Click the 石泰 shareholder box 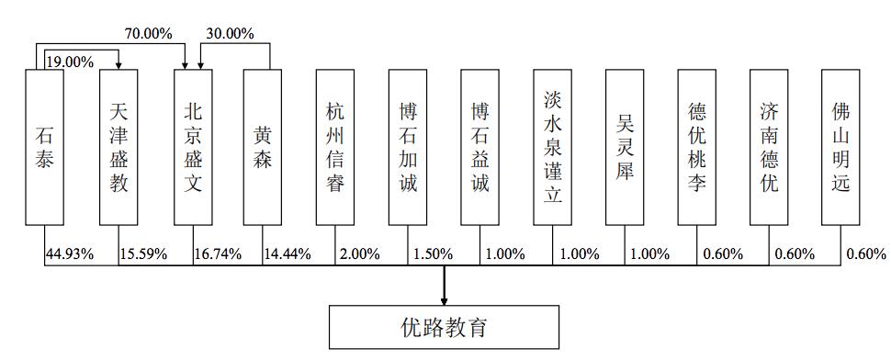44,147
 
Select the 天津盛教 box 118,147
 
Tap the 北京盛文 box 193,147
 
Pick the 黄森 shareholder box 263,147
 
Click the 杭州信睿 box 335,147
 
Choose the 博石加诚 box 408,147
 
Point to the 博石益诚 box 479,147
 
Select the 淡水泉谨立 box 553,147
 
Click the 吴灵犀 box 625,147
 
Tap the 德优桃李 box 697,147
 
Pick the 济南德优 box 769,147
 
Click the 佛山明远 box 840,147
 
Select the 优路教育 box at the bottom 445,327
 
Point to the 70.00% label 148,34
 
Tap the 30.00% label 230,34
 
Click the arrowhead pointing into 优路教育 445,298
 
